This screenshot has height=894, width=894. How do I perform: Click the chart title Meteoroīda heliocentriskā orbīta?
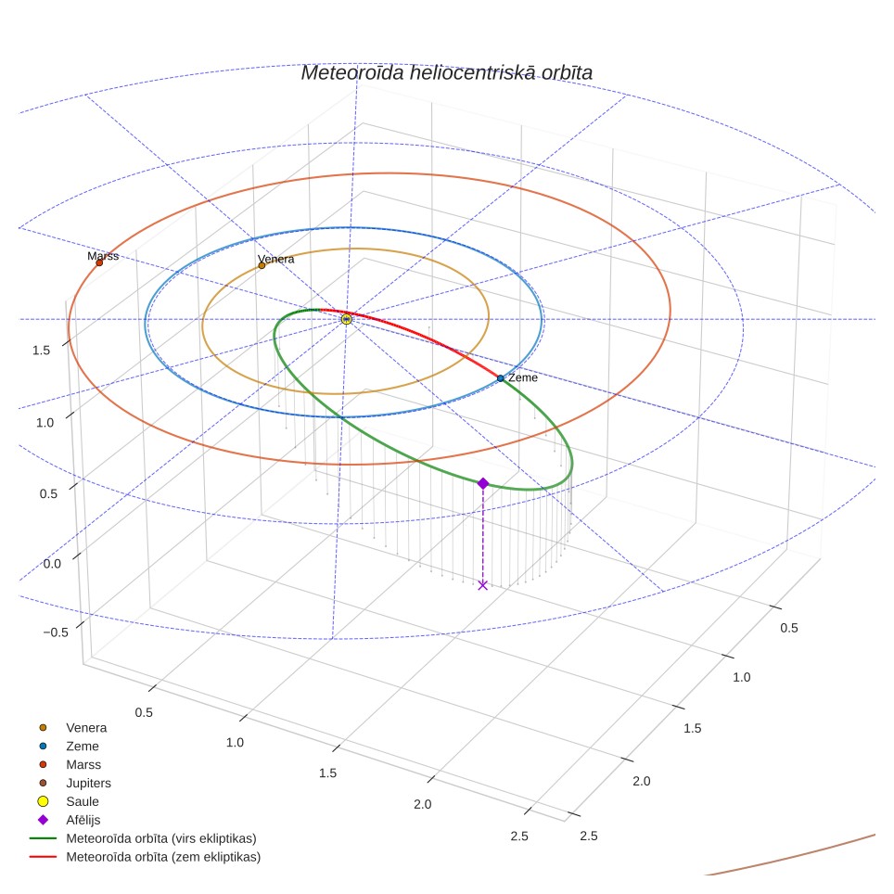coord(446,73)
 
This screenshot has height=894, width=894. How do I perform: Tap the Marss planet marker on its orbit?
coord(99,262)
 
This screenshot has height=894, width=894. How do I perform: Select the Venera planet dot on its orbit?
coord(262,265)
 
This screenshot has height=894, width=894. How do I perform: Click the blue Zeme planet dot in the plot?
coord(500,378)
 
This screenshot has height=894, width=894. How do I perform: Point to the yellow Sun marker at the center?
coord(346,319)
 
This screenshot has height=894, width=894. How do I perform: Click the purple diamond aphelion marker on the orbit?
coord(483,483)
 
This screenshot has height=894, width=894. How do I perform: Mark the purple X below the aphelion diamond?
coord(483,585)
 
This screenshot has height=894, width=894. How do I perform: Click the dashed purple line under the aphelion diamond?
coord(483,534)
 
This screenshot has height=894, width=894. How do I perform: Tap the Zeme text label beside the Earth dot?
coord(523,377)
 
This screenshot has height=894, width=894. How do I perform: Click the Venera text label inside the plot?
coord(276,259)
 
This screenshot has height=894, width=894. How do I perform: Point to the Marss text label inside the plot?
coord(103,256)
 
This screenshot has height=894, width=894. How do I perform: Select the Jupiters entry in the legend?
coord(88,784)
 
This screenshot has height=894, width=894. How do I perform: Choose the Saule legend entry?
coord(83,801)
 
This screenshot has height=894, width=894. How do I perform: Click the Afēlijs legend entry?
coord(83,820)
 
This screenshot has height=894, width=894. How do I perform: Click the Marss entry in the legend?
coord(83,764)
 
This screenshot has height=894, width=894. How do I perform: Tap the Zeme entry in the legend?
coord(83,747)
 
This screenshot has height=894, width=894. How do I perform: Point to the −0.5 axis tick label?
coord(56,632)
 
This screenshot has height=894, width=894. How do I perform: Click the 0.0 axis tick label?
coord(52,564)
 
